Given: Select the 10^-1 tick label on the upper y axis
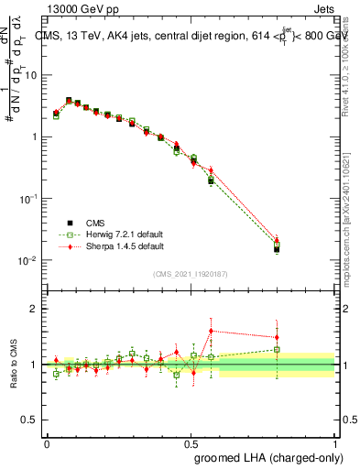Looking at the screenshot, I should (x=27, y=199).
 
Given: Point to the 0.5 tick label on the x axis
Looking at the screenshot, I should (x=191, y=442).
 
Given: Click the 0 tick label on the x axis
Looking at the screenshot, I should (x=47, y=442).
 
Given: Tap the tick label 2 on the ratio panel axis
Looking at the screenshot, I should (x=35, y=309).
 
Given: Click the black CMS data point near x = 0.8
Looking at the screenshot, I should (x=277, y=248).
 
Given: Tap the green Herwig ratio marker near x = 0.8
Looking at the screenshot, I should (x=277, y=349).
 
